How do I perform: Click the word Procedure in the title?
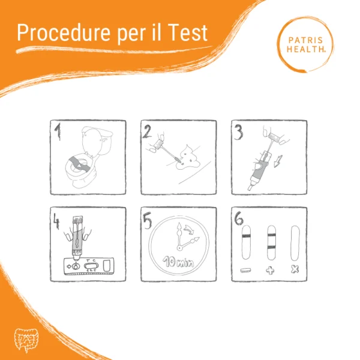point(64,33)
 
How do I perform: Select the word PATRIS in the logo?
point(305,40)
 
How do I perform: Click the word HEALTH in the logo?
point(305,49)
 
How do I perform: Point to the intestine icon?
point(26,340)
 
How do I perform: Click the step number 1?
point(58,131)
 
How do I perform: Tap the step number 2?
point(147,131)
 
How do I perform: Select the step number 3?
point(238,132)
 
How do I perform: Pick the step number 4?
point(56,221)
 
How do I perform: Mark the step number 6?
point(239,218)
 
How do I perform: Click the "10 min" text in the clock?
point(178,262)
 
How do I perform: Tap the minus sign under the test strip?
point(245,271)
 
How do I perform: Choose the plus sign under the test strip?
point(270,271)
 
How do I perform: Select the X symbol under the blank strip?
point(295,269)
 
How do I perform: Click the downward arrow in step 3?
point(278,161)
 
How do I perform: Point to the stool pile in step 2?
point(188,158)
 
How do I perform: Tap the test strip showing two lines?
point(271,242)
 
